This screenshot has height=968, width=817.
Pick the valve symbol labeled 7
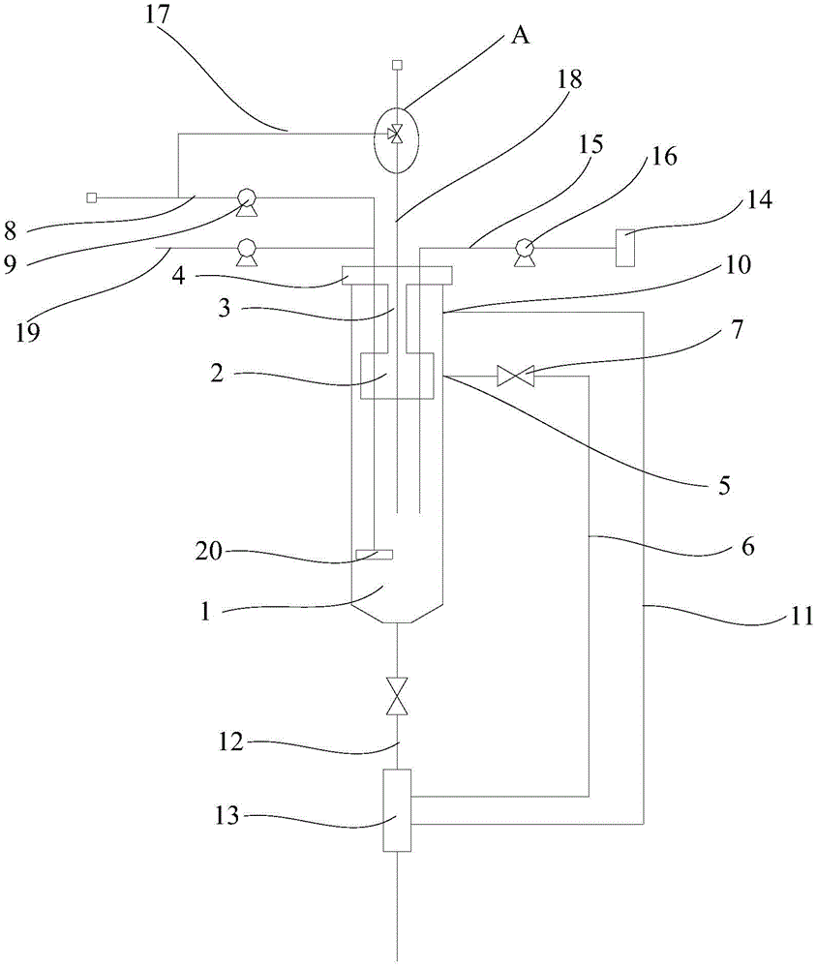(x=510, y=376)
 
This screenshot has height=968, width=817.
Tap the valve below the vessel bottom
(x=396, y=696)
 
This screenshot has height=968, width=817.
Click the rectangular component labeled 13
(x=397, y=810)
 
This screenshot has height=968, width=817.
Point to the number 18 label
(x=570, y=81)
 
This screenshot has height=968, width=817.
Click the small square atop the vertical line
(x=396, y=65)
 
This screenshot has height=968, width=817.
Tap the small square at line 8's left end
(x=91, y=197)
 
